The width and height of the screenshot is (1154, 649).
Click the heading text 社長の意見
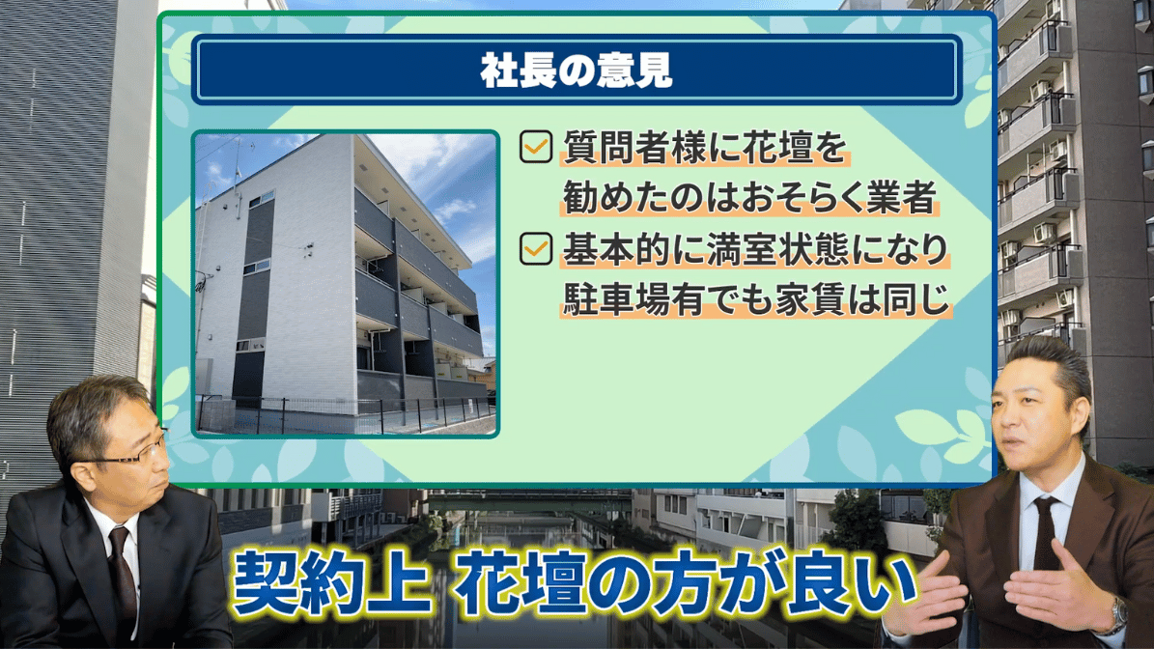coord(577,71)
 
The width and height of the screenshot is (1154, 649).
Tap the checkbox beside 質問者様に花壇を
coord(536,147)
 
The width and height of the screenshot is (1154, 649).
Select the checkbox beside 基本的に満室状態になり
coord(536,249)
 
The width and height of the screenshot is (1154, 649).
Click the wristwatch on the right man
coord(1118,614)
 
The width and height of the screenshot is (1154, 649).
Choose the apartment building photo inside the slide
coord(345,284)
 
